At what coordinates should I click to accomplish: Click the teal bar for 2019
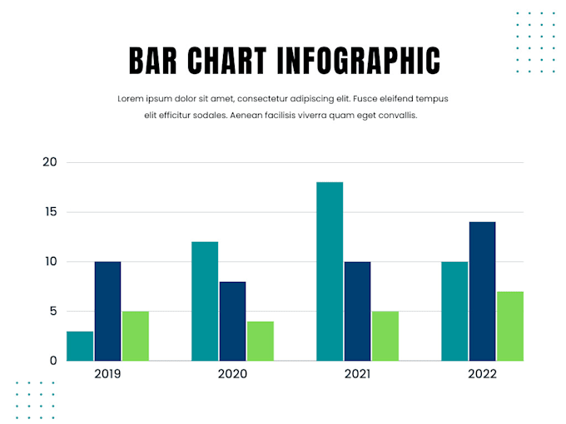80,346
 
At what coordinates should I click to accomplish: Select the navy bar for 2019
107,311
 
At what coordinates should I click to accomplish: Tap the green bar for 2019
135,336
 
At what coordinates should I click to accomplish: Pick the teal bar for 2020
205,301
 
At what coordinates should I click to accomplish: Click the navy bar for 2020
232,321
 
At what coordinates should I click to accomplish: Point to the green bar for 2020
260,341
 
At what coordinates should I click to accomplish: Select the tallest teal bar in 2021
330,271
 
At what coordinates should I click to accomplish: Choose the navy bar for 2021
357,311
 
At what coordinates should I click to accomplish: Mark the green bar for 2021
385,336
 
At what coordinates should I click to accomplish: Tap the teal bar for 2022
454,311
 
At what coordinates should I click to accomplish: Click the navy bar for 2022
482,291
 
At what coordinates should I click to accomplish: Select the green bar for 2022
509,326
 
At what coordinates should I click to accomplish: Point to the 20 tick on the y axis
49,162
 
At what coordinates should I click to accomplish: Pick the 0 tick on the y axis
53,361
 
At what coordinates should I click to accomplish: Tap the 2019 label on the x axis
107,374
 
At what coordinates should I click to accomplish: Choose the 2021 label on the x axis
357,374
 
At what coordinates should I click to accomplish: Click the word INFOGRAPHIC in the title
358,61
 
